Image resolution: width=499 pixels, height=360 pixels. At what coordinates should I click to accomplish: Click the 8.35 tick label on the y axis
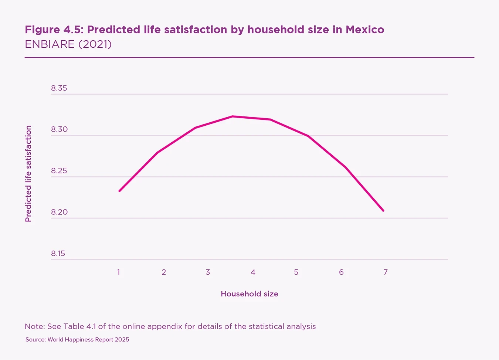pyautogui.click(x=59, y=88)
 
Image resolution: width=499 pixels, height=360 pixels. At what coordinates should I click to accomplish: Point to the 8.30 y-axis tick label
pyautogui.click(x=59, y=129)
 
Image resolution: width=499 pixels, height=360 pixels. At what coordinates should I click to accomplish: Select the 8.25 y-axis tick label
pyautogui.click(x=59, y=171)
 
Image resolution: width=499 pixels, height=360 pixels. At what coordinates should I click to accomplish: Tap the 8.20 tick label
pyautogui.click(x=59, y=212)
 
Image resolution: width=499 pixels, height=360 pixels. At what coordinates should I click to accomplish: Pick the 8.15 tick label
pyautogui.click(x=58, y=254)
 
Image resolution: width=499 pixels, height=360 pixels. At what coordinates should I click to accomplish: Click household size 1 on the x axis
pyautogui.click(x=119, y=272)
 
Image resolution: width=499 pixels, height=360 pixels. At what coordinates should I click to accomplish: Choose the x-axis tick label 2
pyautogui.click(x=164, y=272)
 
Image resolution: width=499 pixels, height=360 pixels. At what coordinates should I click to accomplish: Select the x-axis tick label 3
pyautogui.click(x=208, y=272)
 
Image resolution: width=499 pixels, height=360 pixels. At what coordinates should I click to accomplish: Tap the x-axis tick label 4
pyautogui.click(x=253, y=272)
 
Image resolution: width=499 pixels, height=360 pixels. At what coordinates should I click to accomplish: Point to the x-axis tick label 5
pyautogui.click(x=296, y=272)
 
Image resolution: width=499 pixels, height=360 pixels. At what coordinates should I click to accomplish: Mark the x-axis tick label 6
pyautogui.click(x=341, y=272)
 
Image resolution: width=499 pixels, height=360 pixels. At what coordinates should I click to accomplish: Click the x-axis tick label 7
pyautogui.click(x=386, y=272)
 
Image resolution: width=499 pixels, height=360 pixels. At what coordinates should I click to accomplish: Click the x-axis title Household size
pyautogui.click(x=249, y=294)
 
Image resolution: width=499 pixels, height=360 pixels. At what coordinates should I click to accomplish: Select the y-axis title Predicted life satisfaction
pyautogui.click(x=28, y=174)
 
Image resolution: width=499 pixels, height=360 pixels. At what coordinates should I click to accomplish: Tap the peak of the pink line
pyautogui.click(x=232, y=116)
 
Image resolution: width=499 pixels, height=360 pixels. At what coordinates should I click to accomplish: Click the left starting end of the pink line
pyautogui.click(x=119, y=191)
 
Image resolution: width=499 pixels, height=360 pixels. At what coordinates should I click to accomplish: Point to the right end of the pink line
pyautogui.click(x=383, y=210)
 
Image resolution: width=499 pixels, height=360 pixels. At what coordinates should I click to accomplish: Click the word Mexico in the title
pyautogui.click(x=365, y=30)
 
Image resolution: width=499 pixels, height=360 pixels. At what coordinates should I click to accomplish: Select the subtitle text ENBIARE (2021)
pyautogui.click(x=68, y=44)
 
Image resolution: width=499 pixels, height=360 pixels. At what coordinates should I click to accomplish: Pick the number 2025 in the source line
pyautogui.click(x=122, y=340)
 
